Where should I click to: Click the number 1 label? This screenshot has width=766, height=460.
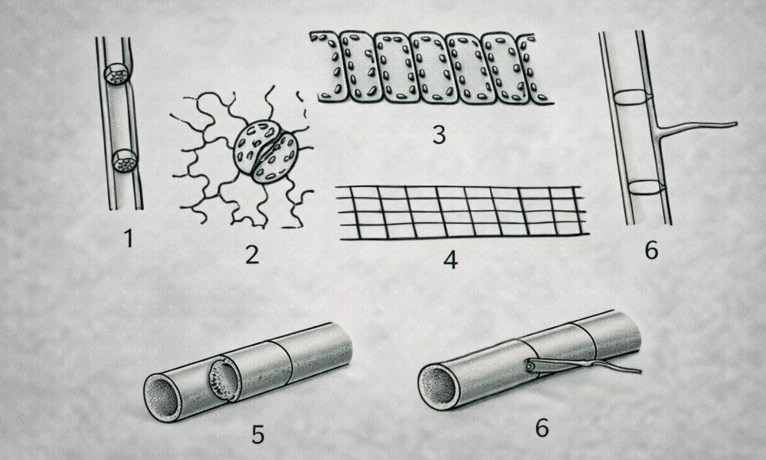click(129, 238)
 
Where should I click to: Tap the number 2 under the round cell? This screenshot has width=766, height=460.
click(251, 255)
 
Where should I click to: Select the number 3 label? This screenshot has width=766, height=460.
click(439, 134)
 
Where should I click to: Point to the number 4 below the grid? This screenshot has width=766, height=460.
click(450, 260)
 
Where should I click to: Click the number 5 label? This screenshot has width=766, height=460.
click(258, 434)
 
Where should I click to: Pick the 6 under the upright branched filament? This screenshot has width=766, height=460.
click(652, 250)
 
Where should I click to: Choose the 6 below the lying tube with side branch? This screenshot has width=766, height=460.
click(542, 428)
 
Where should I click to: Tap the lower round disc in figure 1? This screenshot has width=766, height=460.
click(125, 161)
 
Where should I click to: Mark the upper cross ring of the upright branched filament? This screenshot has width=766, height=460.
click(633, 97)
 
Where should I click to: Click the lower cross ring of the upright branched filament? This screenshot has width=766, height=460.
click(645, 187)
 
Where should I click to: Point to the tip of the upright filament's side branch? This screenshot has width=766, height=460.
click(735, 123)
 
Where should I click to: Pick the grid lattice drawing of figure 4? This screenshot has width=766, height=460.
click(463, 212)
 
